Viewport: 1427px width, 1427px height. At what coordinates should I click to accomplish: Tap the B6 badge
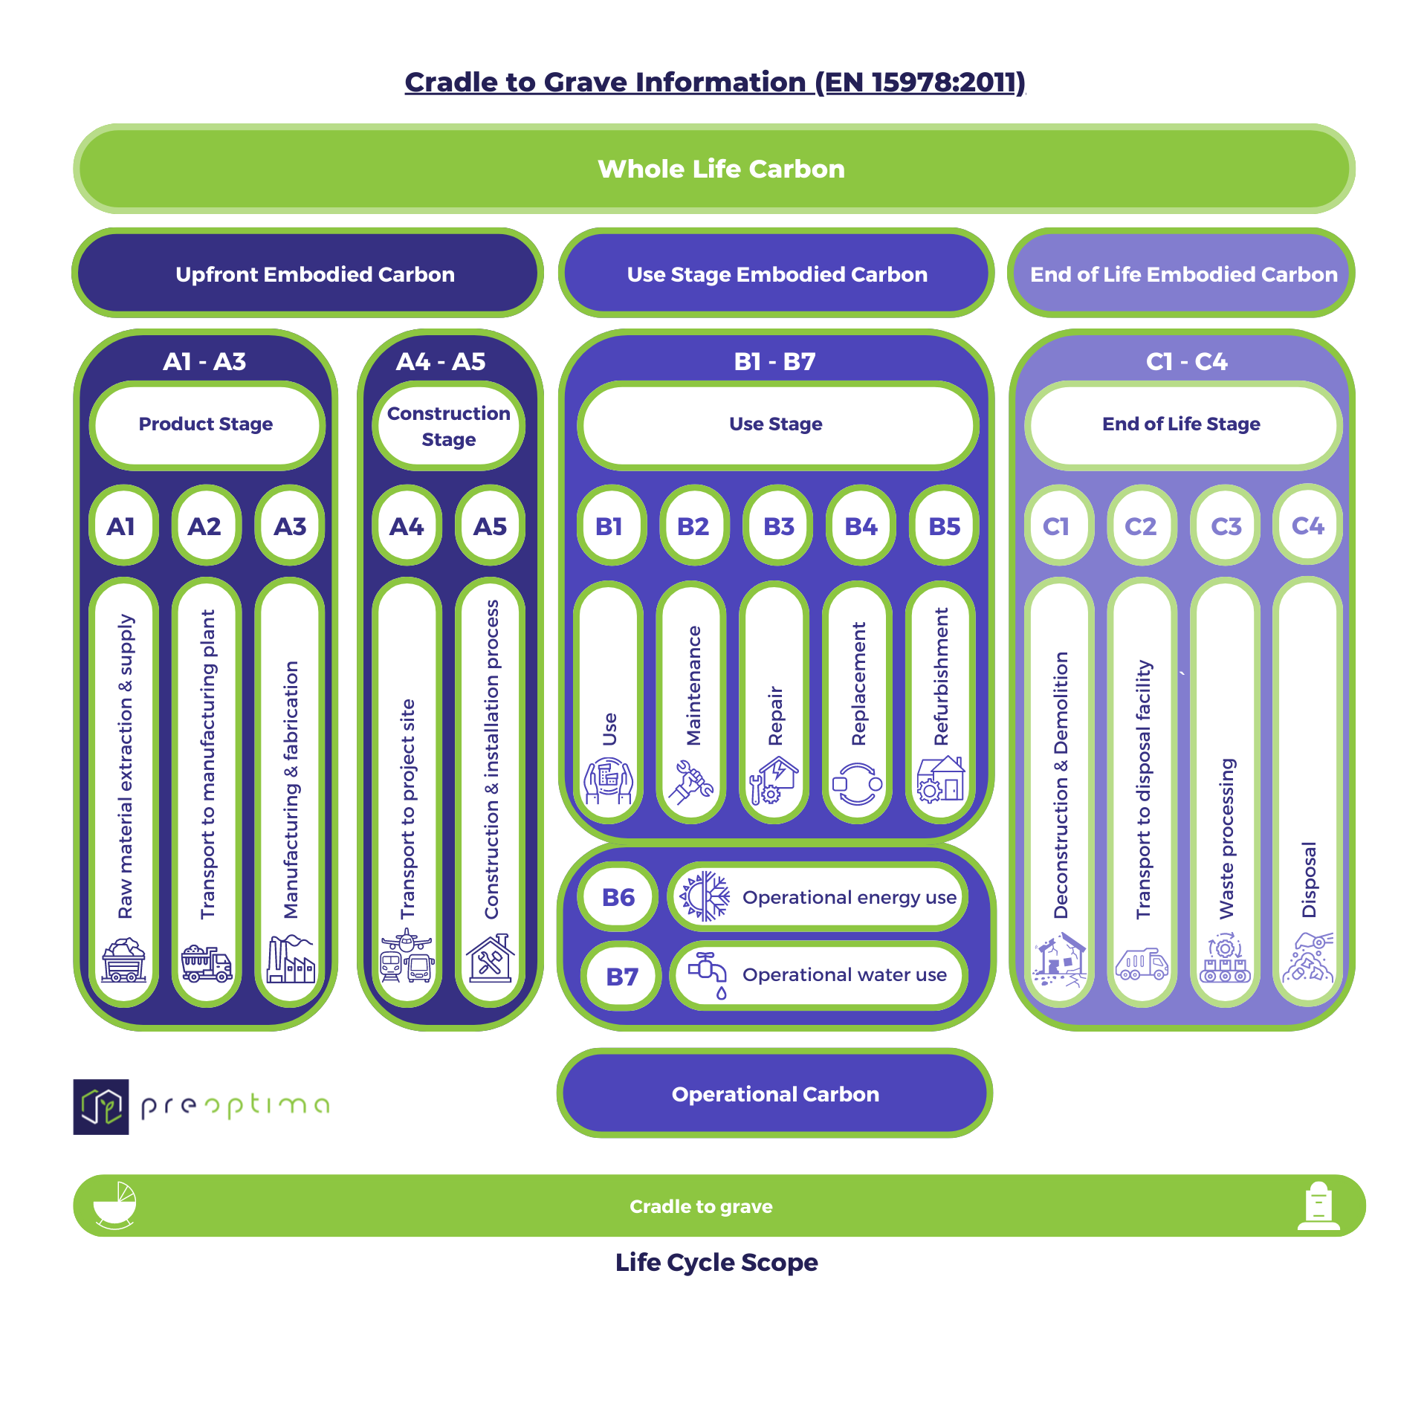[618, 897]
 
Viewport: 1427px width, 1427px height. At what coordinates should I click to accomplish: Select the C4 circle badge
[1308, 525]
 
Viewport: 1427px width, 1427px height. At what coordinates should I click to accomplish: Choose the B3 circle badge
[778, 526]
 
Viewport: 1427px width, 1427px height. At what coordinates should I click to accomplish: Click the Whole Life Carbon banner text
[721, 169]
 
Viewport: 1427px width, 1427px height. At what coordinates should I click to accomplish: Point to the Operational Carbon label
[775, 1094]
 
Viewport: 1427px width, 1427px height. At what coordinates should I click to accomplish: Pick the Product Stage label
[206, 424]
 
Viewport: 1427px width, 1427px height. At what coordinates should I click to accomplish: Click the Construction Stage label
[449, 426]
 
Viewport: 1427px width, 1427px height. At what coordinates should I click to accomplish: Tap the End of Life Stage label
[1181, 424]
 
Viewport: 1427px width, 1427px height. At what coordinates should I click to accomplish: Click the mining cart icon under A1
[123, 960]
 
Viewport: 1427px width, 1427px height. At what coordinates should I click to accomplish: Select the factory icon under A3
[290, 960]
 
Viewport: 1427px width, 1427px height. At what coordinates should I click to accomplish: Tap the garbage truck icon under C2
[1142, 964]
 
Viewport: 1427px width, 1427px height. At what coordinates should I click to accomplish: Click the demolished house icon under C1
[1058, 960]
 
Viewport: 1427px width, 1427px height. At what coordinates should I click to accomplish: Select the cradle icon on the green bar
[115, 1205]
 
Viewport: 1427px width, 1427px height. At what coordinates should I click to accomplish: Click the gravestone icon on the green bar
[1318, 1206]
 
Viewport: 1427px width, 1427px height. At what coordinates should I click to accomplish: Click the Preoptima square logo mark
[101, 1107]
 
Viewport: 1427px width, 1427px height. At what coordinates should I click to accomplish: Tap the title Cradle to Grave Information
[714, 82]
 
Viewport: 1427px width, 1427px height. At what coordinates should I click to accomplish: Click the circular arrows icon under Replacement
[858, 784]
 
